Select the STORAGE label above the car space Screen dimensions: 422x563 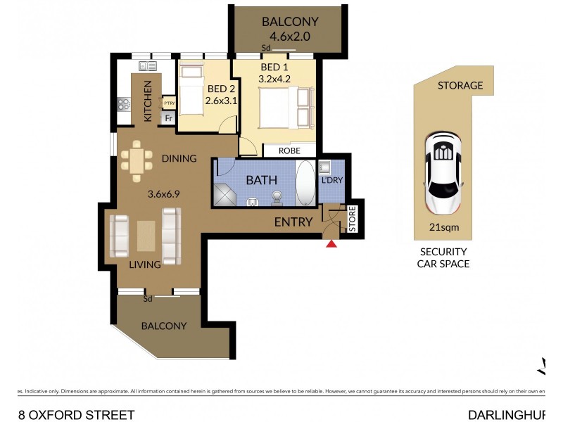click(460, 86)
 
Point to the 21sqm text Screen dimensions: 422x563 click(443, 227)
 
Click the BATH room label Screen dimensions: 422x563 click(261, 181)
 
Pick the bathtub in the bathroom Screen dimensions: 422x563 click(305, 183)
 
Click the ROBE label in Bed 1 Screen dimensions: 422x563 click(289, 151)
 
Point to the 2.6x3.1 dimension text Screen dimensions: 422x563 click(220, 101)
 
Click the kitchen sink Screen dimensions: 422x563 click(148, 66)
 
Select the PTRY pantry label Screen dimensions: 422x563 click(169, 103)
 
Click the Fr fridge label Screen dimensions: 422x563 click(168, 118)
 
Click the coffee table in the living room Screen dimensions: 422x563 click(146, 236)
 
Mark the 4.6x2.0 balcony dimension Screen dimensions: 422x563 click(290, 35)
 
